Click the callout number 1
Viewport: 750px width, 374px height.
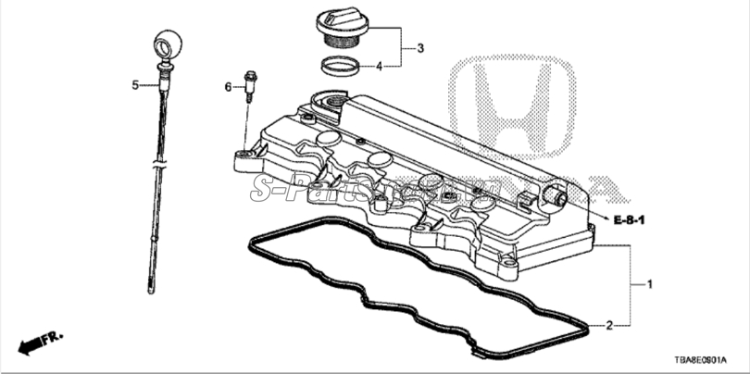pos(649,284)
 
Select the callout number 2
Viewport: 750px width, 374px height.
pos(609,325)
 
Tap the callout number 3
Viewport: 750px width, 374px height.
pos(419,48)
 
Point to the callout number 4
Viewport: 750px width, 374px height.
pos(379,66)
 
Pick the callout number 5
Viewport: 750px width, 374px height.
pos(135,85)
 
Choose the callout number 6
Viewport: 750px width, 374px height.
pos(227,87)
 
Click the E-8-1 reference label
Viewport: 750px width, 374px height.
pos(628,219)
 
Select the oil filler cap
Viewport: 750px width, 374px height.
pos(339,25)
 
